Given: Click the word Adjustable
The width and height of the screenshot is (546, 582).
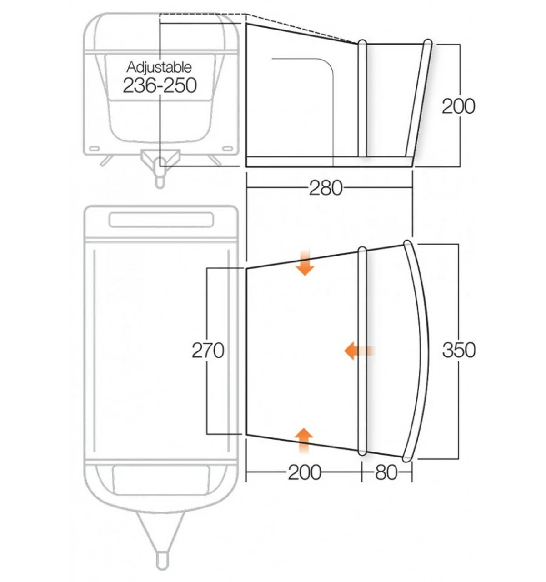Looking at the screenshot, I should pyautogui.click(x=159, y=67).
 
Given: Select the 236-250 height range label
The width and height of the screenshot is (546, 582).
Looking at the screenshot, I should pyautogui.click(x=160, y=85).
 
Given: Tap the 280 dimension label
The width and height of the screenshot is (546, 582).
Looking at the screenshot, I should pyautogui.click(x=326, y=188).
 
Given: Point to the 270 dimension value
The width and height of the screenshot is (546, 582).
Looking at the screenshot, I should pyautogui.click(x=208, y=351).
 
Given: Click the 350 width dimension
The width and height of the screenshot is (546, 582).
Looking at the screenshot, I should pyautogui.click(x=458, y=350).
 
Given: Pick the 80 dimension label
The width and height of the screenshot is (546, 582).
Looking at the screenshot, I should pyautogui.click(x=386, y=473).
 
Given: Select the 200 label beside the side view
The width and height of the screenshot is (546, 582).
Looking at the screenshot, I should pyautogui.click(x=458, y=106).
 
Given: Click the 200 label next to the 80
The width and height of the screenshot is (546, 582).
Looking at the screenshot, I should pyautogui.click(x=305, y=473).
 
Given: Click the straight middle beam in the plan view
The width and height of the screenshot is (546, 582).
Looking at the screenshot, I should pyautogui.click(x=362, y=350).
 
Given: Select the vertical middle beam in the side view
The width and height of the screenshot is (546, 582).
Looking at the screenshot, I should pyautogui.click(x=362, y=98).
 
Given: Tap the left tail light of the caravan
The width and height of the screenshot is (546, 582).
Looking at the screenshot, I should pyautogui.click(x=95, y=149).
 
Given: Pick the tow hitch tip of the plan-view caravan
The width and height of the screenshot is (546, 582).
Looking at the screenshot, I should pyautogui.click(x=161, y=557).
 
